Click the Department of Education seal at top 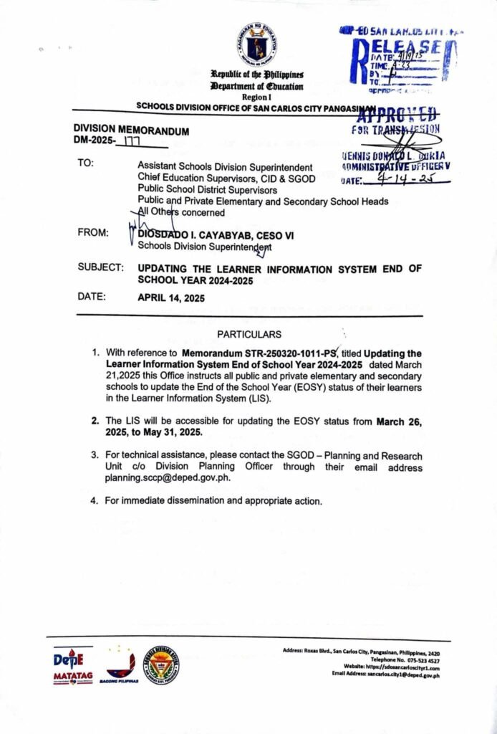(257, 44)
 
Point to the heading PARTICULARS (249, 335)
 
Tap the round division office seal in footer (160, 664)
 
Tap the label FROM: (94, 234)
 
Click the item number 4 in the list (95, 500)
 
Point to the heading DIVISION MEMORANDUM (131, 131)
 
